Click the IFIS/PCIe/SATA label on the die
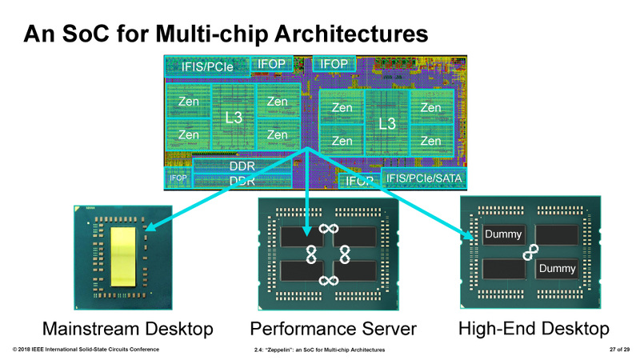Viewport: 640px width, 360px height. click(x=425, y=178)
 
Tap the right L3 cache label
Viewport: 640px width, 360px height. click(x=386, y=124)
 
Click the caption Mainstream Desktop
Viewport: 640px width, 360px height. click(x=127, y=329)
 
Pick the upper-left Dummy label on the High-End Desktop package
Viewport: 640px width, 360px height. click(x=503, y=234)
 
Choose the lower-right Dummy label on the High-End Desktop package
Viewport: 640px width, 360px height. click(x=556, y=269)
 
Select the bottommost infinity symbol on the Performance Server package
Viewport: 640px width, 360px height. click(x=326, y=280)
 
